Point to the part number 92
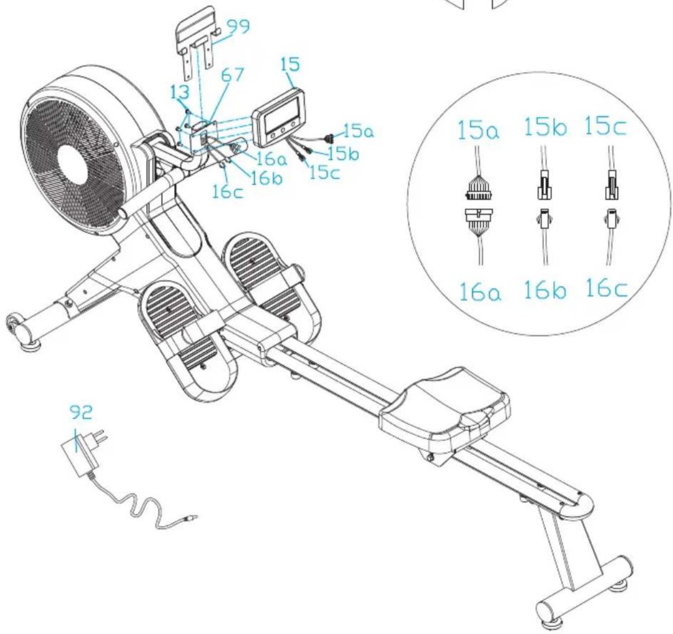click(x=81, y=413)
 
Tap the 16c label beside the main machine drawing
click(x=228, y=192)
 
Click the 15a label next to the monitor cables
click(x=359, y=130)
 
